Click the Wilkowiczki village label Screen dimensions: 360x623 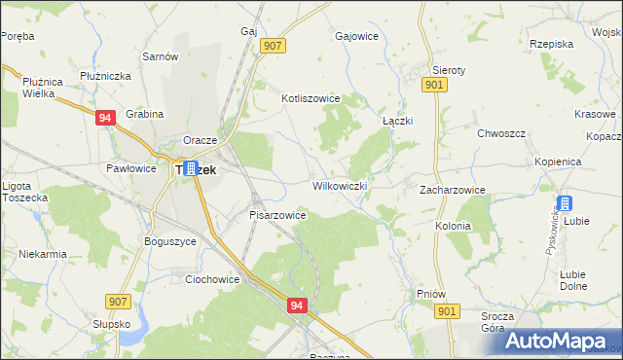(x=339, y=186)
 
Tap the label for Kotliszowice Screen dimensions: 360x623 (x=310, y=98)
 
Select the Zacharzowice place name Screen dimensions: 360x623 (x=453, y=191)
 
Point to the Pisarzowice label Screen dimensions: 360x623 (x=278, y=215)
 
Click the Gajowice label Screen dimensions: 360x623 (x=355, y=36)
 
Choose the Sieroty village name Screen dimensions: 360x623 (x=449, y=71)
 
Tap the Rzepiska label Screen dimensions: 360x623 (x=551, y=44)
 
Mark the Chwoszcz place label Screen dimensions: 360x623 (x=501, y=133)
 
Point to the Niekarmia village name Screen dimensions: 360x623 (x=42, y=255)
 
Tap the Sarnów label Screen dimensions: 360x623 (x=161, y=56)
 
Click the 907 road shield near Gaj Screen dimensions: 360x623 (x=273, y=46)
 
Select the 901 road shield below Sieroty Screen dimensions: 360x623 (x=435, y=86)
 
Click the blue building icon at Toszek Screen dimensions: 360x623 (x=191, y=168)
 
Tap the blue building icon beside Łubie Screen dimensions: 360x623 (x=564, y=204)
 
